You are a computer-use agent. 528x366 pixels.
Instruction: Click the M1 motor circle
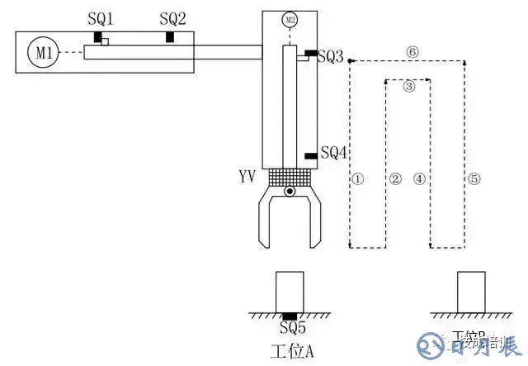point(44,54)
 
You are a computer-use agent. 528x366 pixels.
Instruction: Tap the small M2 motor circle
point(289,19)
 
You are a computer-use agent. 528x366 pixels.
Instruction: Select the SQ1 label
point(101,18)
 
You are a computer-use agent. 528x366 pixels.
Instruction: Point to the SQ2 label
point(173,18)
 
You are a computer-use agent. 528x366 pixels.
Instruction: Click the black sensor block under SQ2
point(170,37)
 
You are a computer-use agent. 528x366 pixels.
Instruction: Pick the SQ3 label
point(330,56)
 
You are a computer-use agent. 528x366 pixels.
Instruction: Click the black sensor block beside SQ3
point(309,54)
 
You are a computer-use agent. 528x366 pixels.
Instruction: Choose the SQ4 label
point(334,152)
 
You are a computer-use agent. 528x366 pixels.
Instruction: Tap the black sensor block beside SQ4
point(310,155)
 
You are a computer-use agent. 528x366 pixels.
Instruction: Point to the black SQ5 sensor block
point(290,316)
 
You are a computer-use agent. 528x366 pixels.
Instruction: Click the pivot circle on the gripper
point(290,193)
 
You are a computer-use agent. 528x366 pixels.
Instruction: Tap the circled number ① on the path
point(357,178)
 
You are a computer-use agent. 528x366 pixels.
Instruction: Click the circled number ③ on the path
point(409,86)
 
